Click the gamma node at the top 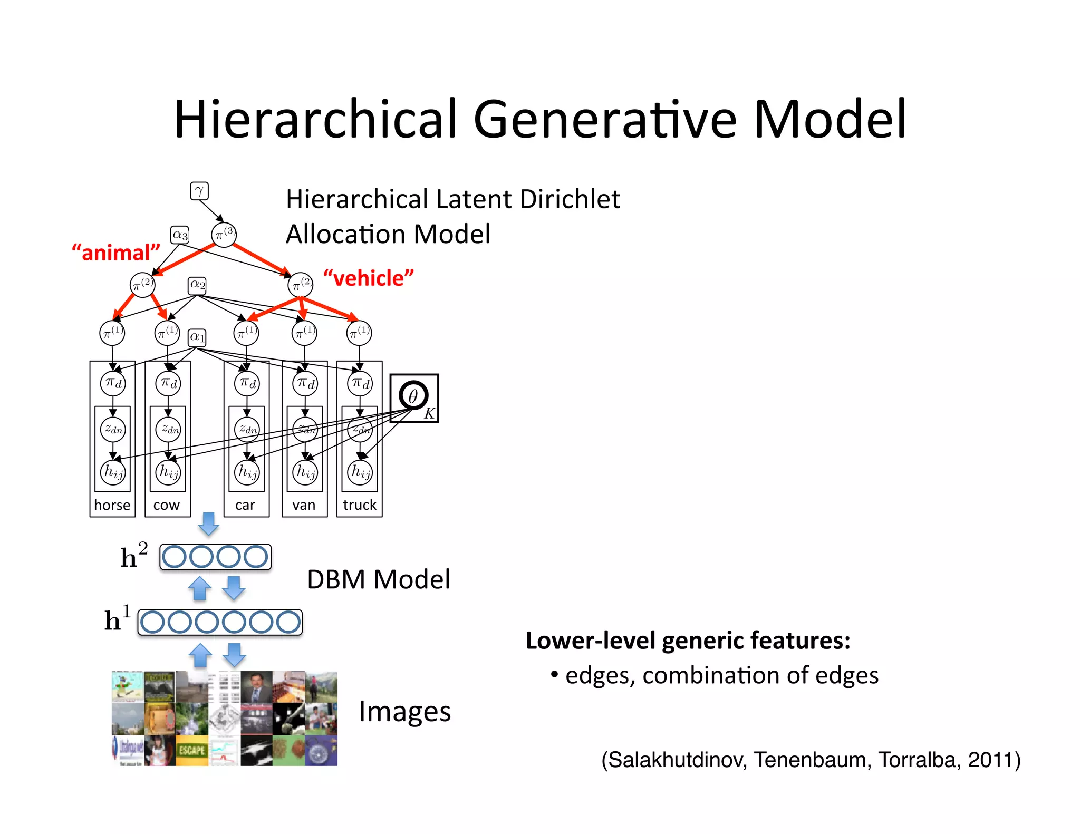(199, 191)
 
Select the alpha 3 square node (180, 235)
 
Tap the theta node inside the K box (413, 395)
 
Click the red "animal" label (116, 253)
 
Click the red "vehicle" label (369, 278)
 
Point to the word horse (112, 505)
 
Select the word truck (360, 505)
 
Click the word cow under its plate (167, 505)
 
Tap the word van (304, 505)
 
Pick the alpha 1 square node (197, 337)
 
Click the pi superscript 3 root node (224, 234)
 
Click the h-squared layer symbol (133, 556)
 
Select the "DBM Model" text (378, 579)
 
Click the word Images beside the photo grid (404, 711)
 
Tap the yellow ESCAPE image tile (192, 750)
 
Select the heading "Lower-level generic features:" (688, 641)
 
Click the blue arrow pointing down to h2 (209, 523)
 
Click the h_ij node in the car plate (247, 471)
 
